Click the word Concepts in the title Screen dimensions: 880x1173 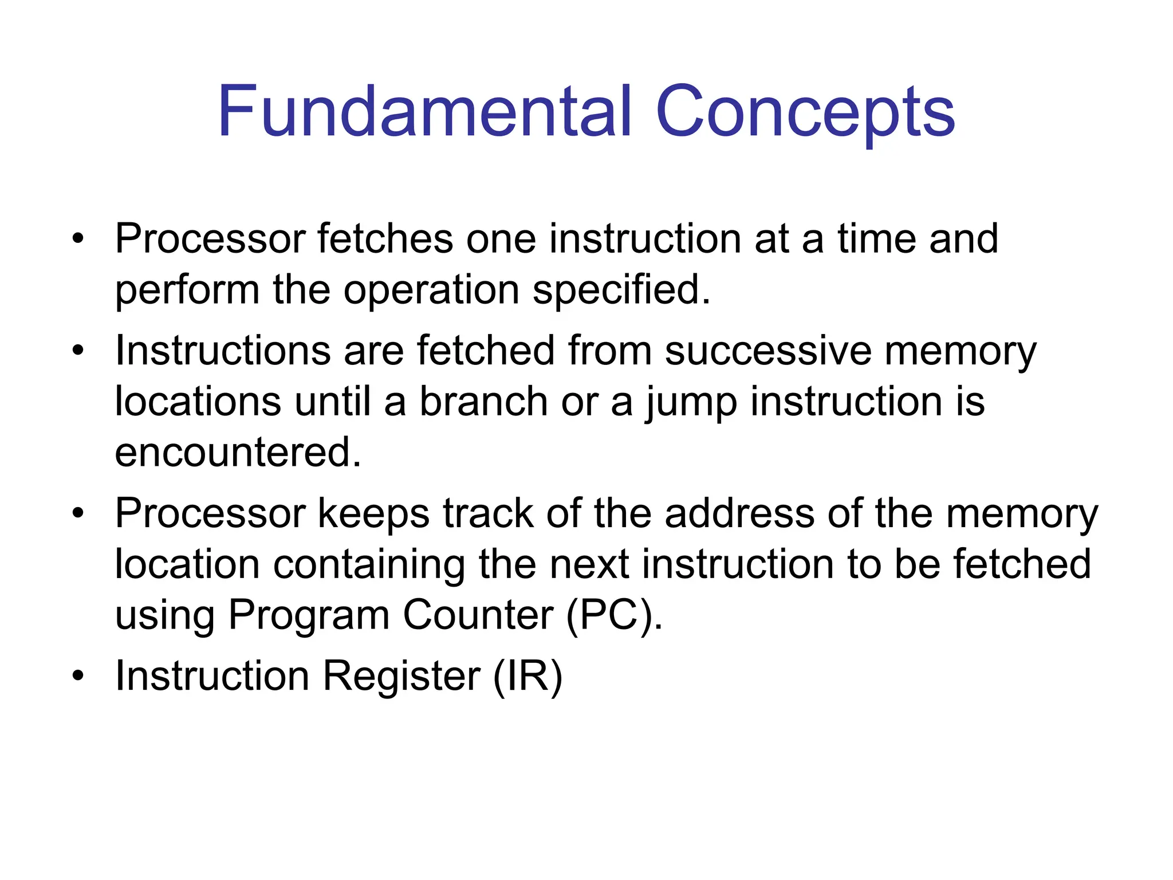[x=805, y=112]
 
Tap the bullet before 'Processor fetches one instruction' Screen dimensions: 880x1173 [x=78, y=238]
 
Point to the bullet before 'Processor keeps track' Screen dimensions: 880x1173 [x=78, y=513]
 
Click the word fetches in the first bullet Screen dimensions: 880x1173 [x=385, y=238]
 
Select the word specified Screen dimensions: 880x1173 [x=621, y=290]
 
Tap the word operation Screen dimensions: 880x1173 [x=431, y=290]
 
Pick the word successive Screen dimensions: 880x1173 [x=768, y=350]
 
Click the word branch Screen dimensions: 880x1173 [x=483, y=401]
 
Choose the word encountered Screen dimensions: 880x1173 [x=238, y=453]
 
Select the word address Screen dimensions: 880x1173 [x=739, y=513]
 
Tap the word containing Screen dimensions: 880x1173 [x=368, y=564]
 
